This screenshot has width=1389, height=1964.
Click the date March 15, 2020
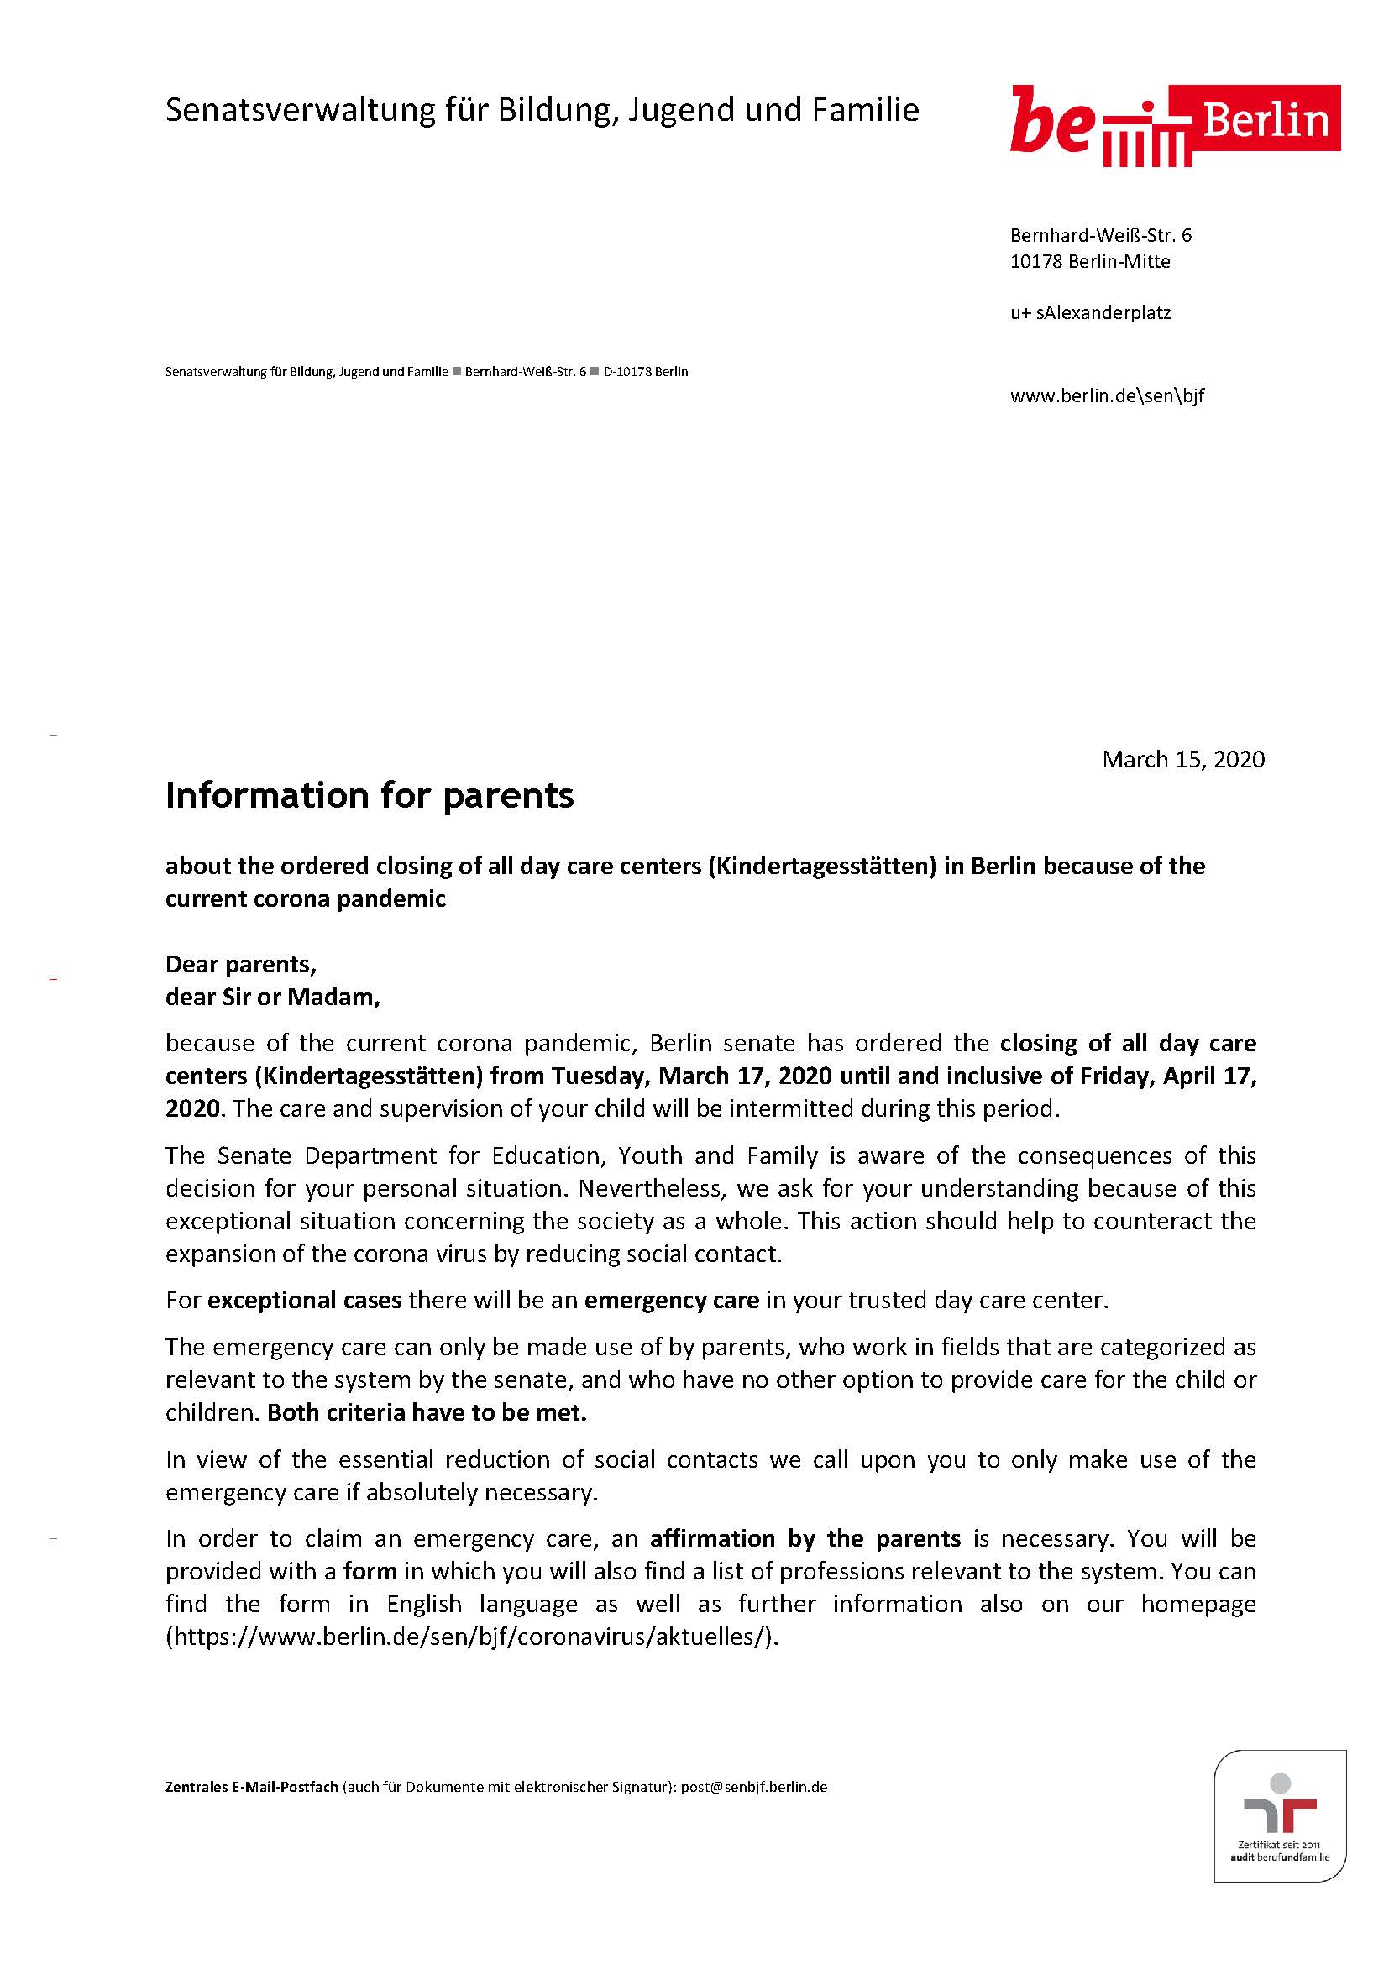pyautogui.click(x=1183, y=759)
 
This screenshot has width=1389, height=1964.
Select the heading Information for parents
pyautogui.click(x=369, y=795)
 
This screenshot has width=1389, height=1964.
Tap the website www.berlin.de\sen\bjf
pyautogui.click(x=1107, y=395)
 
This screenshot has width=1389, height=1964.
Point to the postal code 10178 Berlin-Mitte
pyautogui.click(x=1090, y=261)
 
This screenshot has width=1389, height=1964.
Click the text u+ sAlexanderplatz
pyautogui.click(x=1090, y=312)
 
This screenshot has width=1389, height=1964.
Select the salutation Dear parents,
pyautogui.click(x=240, y=964)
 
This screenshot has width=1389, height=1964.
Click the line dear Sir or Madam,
pyautogui.click(x=272, y=997)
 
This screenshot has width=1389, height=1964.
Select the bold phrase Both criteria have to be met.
pyautogui.click(x=427, y=1412)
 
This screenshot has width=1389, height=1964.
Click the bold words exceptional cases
pyautogui.click(x=305, y=1300)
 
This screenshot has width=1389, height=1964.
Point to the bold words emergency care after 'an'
pyautogui.click(x=672, y=1300)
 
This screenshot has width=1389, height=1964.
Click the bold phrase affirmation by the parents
pyautogui.click(x=805, y=1538)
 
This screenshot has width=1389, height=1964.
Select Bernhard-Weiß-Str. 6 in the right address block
pyautogui.click(x=1100, y=235)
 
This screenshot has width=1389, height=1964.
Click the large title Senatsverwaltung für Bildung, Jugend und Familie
pyautogui.click(x=542, y=110)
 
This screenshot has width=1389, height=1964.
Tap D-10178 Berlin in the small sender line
pyautogui.click(x=645, y=372)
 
